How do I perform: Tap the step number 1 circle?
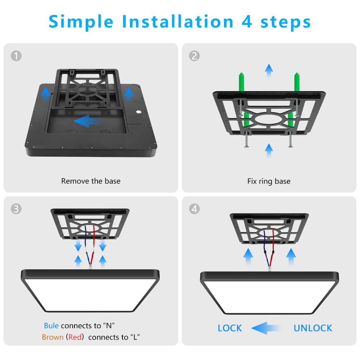(16, 56)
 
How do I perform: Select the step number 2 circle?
(194, 56)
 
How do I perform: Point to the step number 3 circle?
(16, 209)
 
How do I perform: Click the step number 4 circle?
(194, 209)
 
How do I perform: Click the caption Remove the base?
(91, 181)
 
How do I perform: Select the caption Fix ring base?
(269, 181)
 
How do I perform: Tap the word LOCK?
(230, 328)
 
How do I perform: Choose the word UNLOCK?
(313, 328)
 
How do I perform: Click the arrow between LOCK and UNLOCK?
(266, 328)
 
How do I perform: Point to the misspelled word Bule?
(51, 325)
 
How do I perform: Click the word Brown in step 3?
(53, 337)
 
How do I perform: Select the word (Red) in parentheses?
(75, 337)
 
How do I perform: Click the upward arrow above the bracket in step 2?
(269, 71)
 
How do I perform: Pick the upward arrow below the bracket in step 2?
(269, 150)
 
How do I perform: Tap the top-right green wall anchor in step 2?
(297, 81)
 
